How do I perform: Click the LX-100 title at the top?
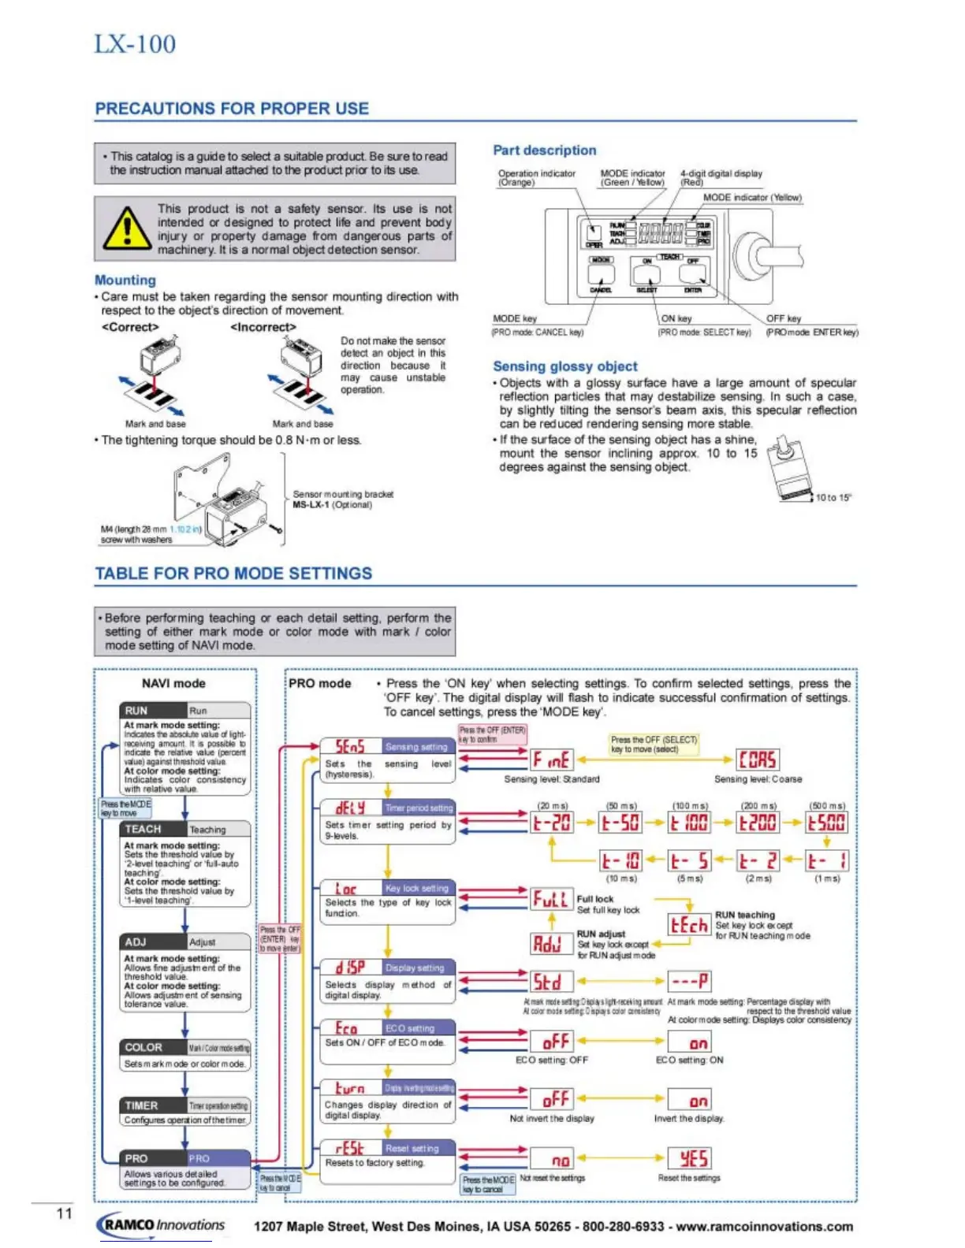click(x=135, y=44)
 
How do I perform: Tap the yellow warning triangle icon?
click(x=126, y=228)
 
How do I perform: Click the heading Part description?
click(x=544, y=150)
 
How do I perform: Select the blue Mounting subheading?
click(x=125, y=280)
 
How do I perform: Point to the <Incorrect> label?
click(x=263, y=327)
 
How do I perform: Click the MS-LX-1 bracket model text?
click(x=311, y=505)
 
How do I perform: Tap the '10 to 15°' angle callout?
click(x=833, y=497)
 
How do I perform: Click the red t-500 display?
click(x=826, y=823)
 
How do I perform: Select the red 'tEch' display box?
click(x=688, y=925)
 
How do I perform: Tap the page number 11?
click(x=64, y=1213)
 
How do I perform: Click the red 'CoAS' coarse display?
click(x=757, y=760)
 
